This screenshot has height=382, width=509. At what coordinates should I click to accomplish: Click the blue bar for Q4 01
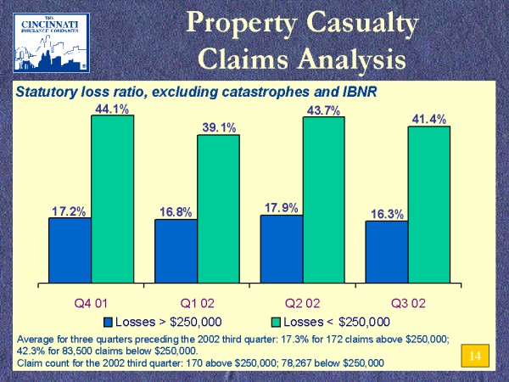[70, 250]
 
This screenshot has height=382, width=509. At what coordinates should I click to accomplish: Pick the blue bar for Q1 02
[176, 251]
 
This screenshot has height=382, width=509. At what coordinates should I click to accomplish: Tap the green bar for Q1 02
[218, 209]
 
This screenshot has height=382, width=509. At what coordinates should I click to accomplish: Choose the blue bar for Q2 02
[281, 249]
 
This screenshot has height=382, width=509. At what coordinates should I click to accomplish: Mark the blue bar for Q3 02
[387, 252]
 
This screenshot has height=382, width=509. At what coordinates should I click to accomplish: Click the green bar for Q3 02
[429, 205]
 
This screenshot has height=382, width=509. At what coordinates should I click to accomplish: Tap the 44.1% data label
[111, 108]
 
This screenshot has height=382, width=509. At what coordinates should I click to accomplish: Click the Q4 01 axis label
[91, 301]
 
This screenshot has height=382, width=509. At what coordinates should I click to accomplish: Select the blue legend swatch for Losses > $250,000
[108, 322]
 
